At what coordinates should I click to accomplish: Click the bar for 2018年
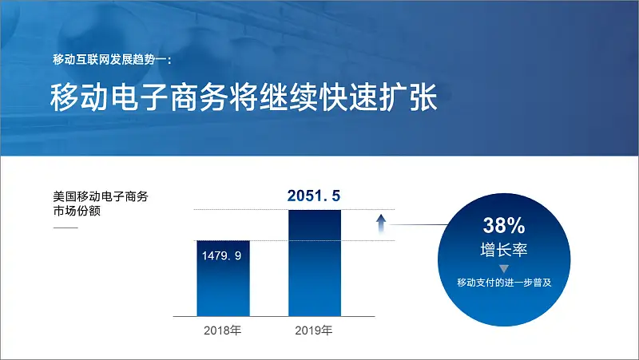[224, 279]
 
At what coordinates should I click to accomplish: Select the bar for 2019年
[315, 263]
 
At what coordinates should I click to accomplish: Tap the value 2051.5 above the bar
[314, 196]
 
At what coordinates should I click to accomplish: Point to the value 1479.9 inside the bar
[222, 255]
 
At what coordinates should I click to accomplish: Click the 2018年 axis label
[223, 330]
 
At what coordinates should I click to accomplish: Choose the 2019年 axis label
[314, 330]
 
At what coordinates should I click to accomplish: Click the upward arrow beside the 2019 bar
[381, 224]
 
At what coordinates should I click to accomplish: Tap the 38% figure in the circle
[504, 225]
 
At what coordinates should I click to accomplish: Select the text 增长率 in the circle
[504, 250]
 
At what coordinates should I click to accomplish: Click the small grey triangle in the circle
[504, 269]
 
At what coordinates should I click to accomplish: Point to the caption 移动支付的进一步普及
[504, 283]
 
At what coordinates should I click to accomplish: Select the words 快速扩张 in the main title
[379, 97]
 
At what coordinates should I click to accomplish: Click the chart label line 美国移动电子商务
[101, 196]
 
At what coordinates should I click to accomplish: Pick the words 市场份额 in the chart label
[77, 212]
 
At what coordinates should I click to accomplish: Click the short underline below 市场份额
[65, 227]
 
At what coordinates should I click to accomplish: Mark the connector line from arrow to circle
[419, 224]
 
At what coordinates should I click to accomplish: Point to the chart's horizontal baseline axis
[274, 316]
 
